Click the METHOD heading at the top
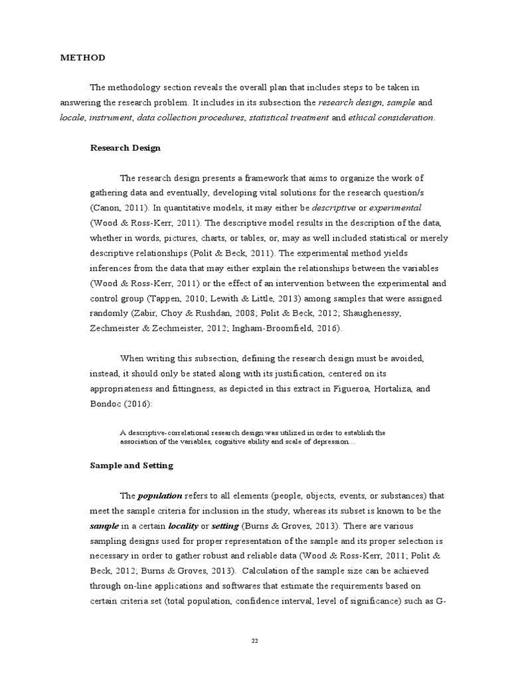pos(82,58)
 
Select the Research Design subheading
pos(125,148)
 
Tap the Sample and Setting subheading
pos(131,466)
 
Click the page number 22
pos(254,640)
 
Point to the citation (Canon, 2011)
pos(118,208)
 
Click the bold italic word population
pos(160,496)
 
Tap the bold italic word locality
pos(188,526)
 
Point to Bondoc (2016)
pos(118,404)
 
